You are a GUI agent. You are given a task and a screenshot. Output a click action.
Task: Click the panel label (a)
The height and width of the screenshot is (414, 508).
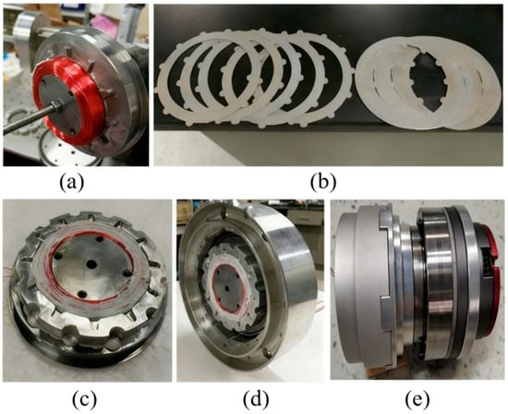pos(72,182)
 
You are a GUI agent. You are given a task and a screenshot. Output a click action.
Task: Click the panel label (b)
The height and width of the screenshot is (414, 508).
pos(322,182)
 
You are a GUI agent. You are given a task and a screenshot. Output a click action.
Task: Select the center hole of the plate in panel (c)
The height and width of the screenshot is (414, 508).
pos(91,263)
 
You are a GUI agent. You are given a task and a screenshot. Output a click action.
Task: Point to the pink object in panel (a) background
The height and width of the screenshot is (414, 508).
pos(103,20)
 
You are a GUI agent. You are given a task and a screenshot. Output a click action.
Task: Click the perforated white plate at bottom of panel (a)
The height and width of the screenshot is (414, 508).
pos(69,152)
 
